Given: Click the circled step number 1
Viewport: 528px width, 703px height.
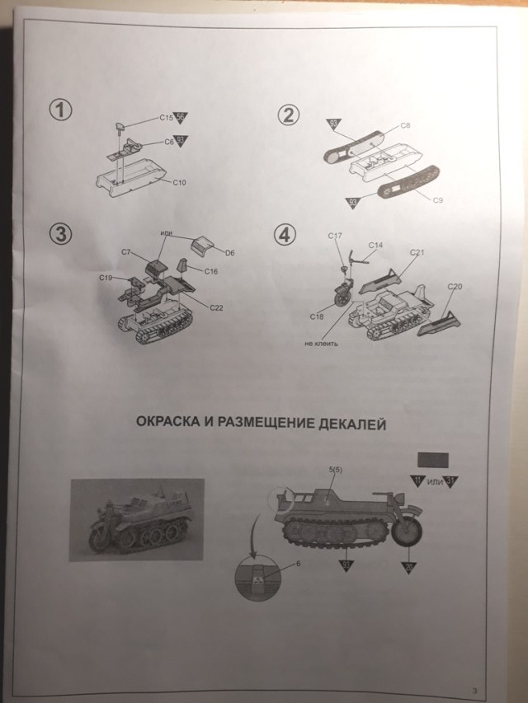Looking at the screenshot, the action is [x=60, y=110].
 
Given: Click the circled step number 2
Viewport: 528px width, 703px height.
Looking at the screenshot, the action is [x=287, y=115].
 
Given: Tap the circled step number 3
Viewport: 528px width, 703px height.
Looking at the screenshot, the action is [x=60, y=233].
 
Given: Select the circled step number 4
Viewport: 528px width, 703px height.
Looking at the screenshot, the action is [x=285, y=234].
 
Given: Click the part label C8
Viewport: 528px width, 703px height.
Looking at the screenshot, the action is [x=405, y=125].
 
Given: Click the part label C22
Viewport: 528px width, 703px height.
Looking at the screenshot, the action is [x=217, y=307].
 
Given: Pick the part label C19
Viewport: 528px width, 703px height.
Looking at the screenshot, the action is [x=106, y=278].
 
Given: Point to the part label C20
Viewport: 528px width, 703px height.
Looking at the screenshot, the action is [x=455, y=286].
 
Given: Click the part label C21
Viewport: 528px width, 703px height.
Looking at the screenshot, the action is [x=417, y=252].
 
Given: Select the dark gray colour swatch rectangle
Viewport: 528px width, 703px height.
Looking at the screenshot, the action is [x=433, y=460].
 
